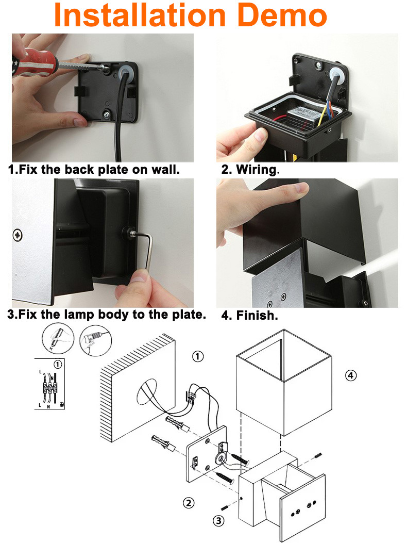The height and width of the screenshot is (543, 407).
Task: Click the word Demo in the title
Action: (x=282, y=15)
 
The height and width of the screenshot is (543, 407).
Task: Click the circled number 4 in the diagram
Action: (x=351, y=375)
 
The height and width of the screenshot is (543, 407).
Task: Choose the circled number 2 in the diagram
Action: (x=189, y=503)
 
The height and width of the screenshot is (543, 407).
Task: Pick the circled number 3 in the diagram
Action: (x=218, y=520)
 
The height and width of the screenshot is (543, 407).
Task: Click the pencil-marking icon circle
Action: (x=58, y=338)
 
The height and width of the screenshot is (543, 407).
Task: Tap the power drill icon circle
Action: (x=95, y=340)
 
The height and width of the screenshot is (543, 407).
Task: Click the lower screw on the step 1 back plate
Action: (x=107, y=113)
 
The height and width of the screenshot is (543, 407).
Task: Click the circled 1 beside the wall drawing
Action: (x=198, y=356)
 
